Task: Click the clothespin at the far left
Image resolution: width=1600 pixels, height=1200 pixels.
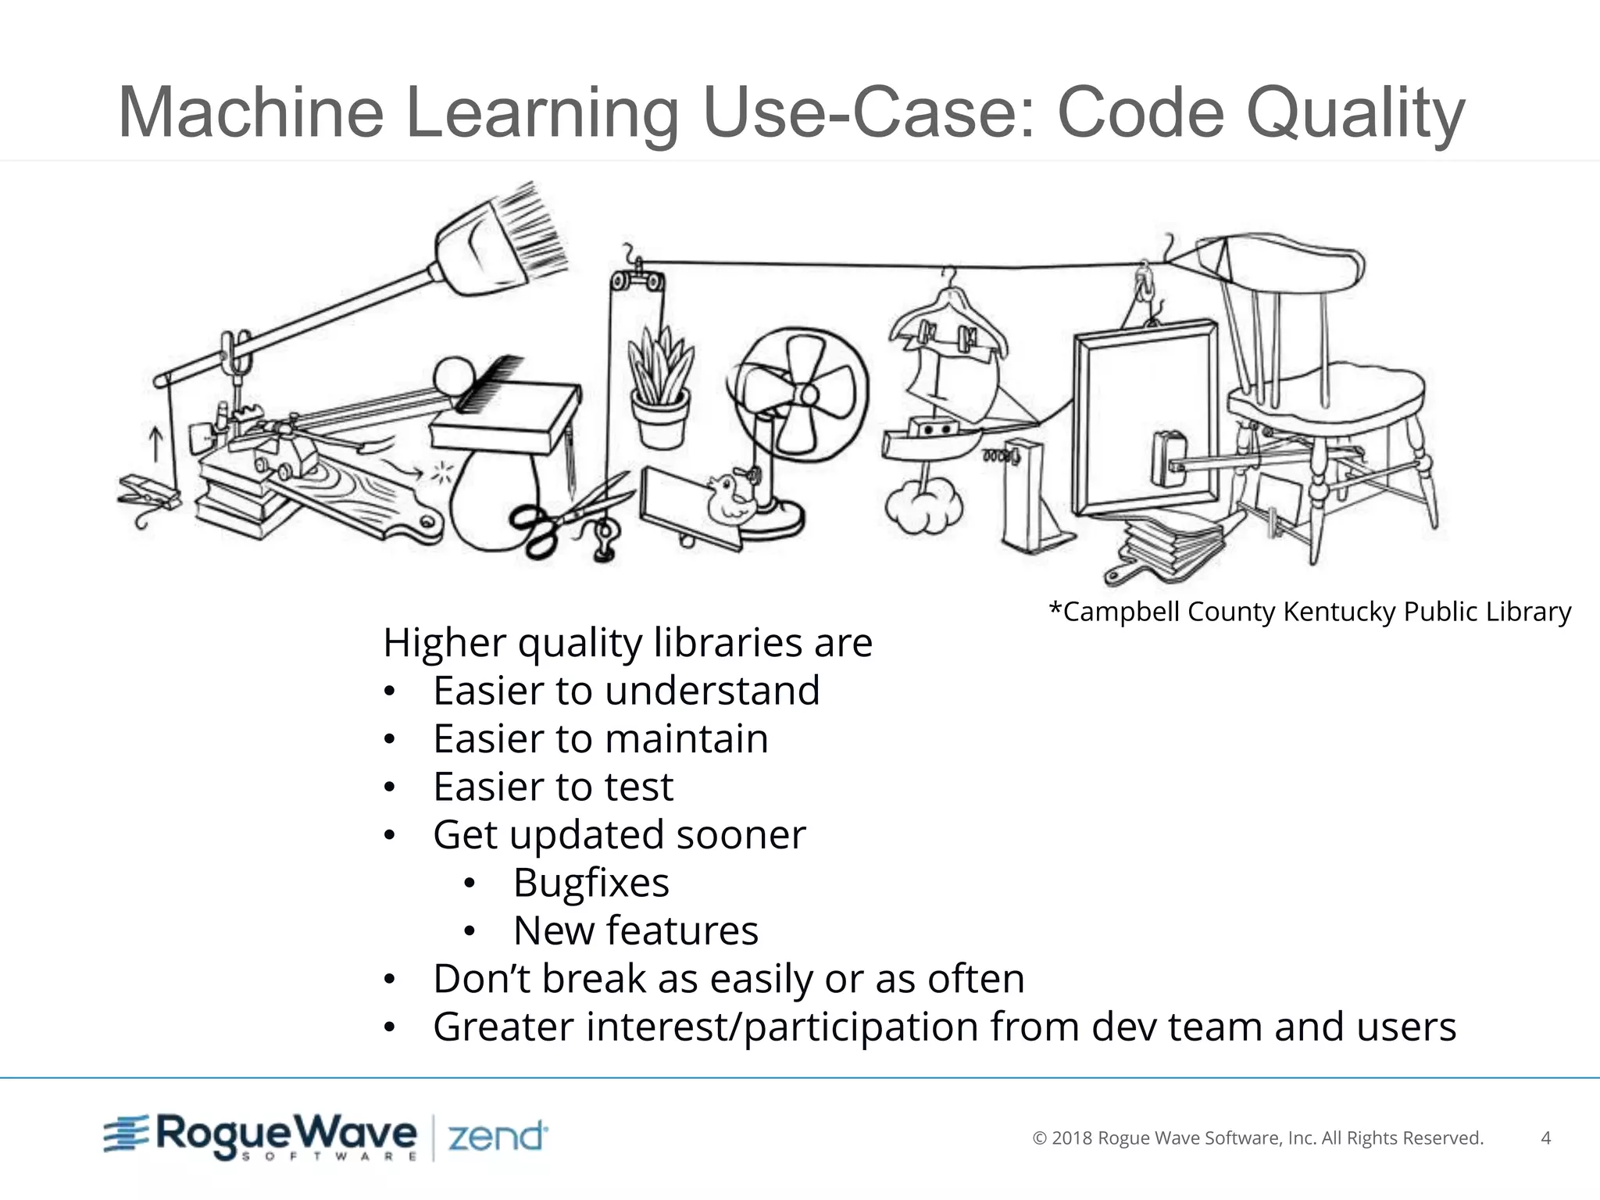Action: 148,492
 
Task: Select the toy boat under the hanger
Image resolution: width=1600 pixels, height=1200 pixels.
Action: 930,441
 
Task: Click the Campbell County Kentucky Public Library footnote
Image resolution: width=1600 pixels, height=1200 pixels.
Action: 1309,611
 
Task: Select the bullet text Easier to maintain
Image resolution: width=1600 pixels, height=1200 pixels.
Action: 600,739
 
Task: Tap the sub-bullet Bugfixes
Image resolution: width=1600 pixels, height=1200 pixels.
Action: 591,883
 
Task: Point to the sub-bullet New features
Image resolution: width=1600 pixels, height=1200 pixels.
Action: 635,930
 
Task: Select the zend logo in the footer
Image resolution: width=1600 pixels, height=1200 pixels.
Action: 497,1137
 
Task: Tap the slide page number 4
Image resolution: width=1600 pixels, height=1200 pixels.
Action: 1545,1138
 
